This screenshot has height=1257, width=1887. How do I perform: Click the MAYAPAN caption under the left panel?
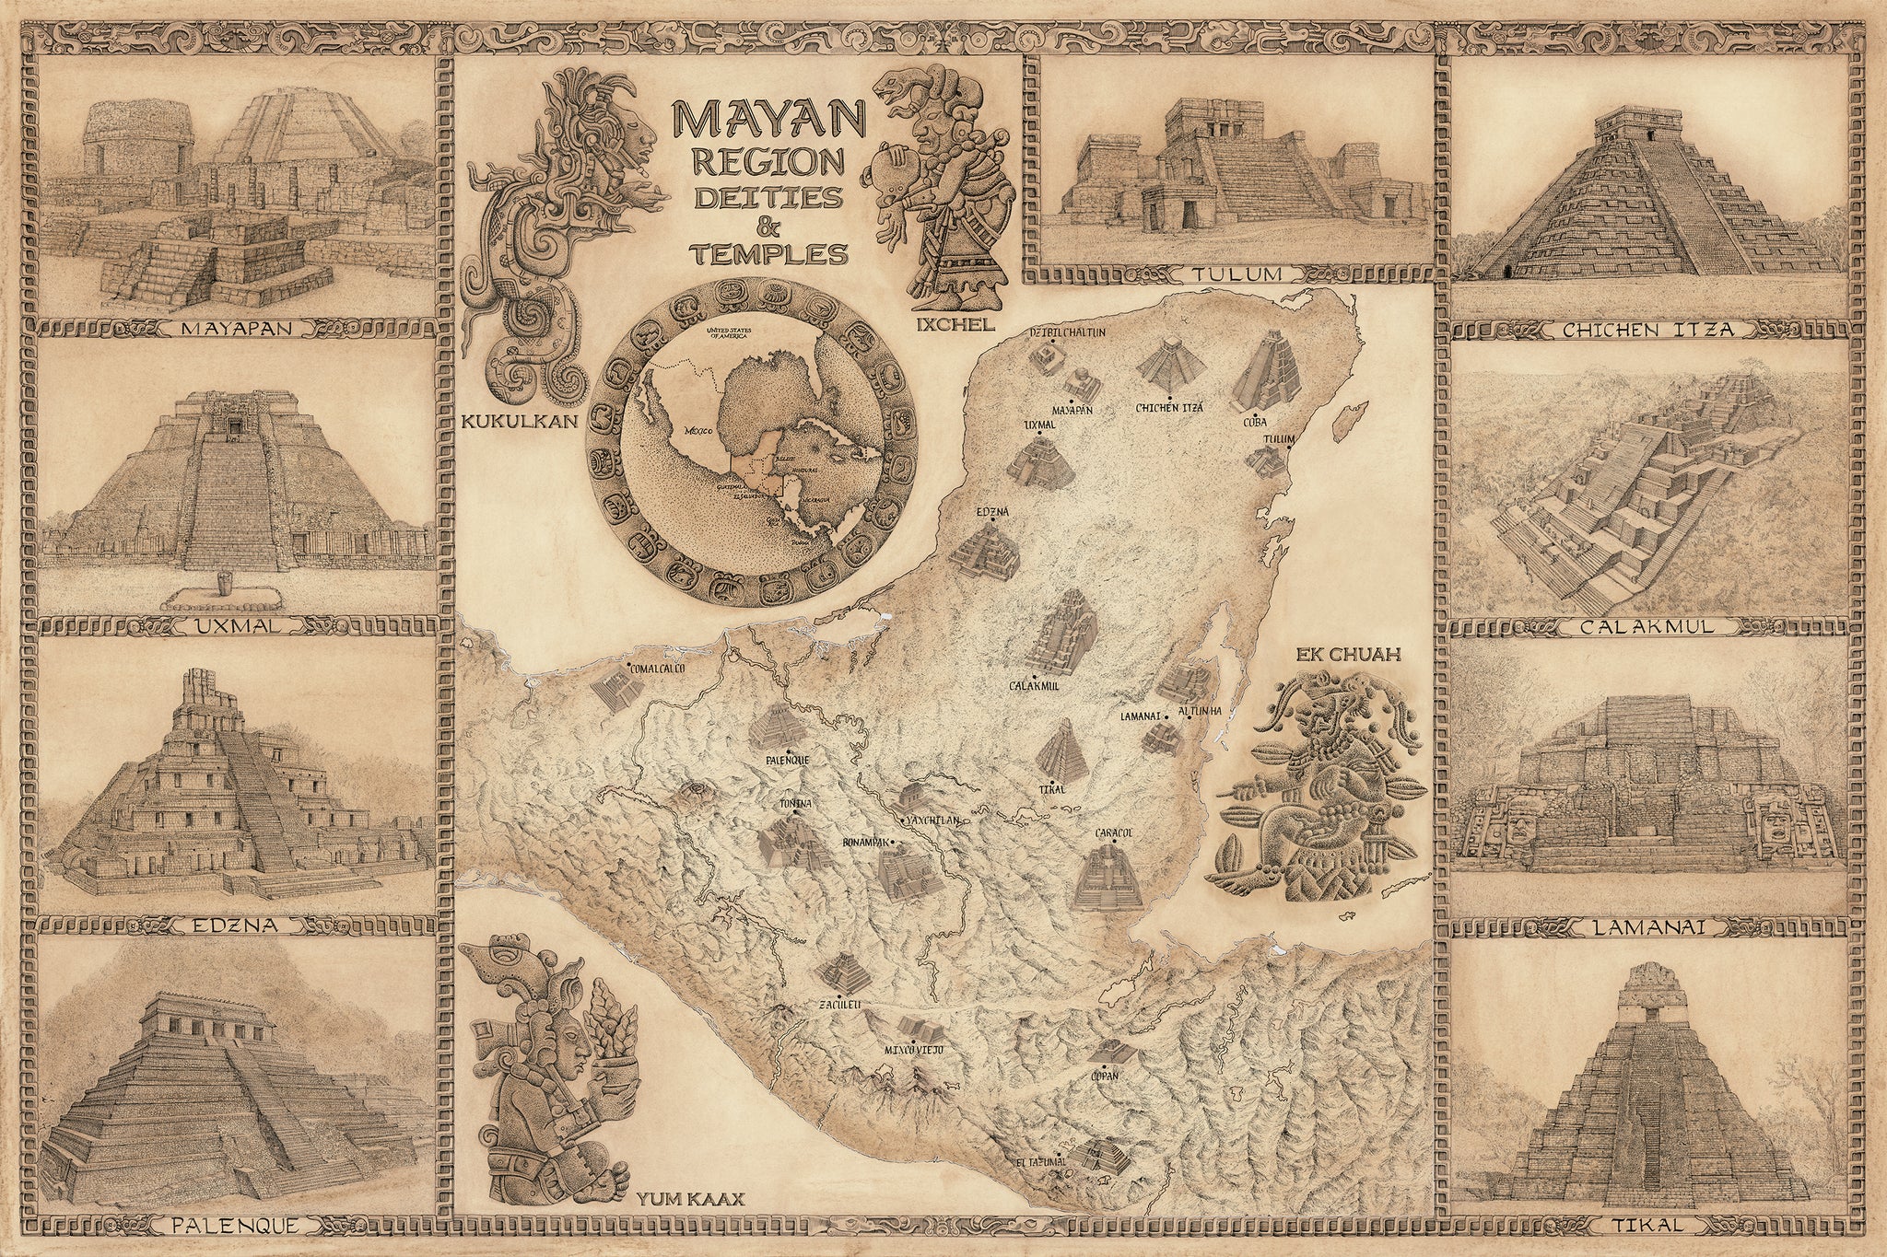(236, 328)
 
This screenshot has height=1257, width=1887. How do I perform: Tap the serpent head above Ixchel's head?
(899, 95)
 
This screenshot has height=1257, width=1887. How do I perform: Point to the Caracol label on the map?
(1113, 832)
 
